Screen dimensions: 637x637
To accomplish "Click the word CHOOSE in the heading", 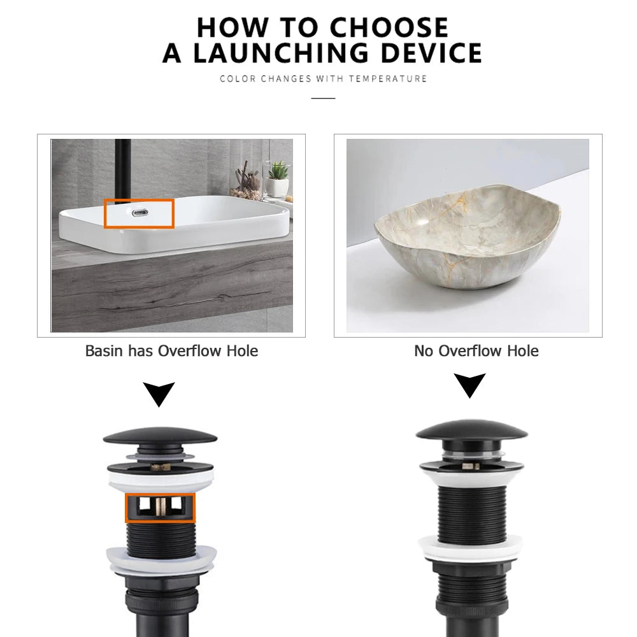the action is (x=389, y=27).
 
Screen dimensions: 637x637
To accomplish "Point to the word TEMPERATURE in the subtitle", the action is (x=387, y=78).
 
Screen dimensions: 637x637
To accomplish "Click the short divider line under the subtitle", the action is (x=324, y=98).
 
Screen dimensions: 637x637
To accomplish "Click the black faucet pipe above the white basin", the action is (x=123, y=170).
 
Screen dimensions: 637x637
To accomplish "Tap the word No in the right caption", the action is (x=424, y=350).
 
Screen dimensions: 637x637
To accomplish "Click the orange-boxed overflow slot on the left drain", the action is (x=160, y=508).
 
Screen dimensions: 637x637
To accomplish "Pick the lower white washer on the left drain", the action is (x=161, y=561).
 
